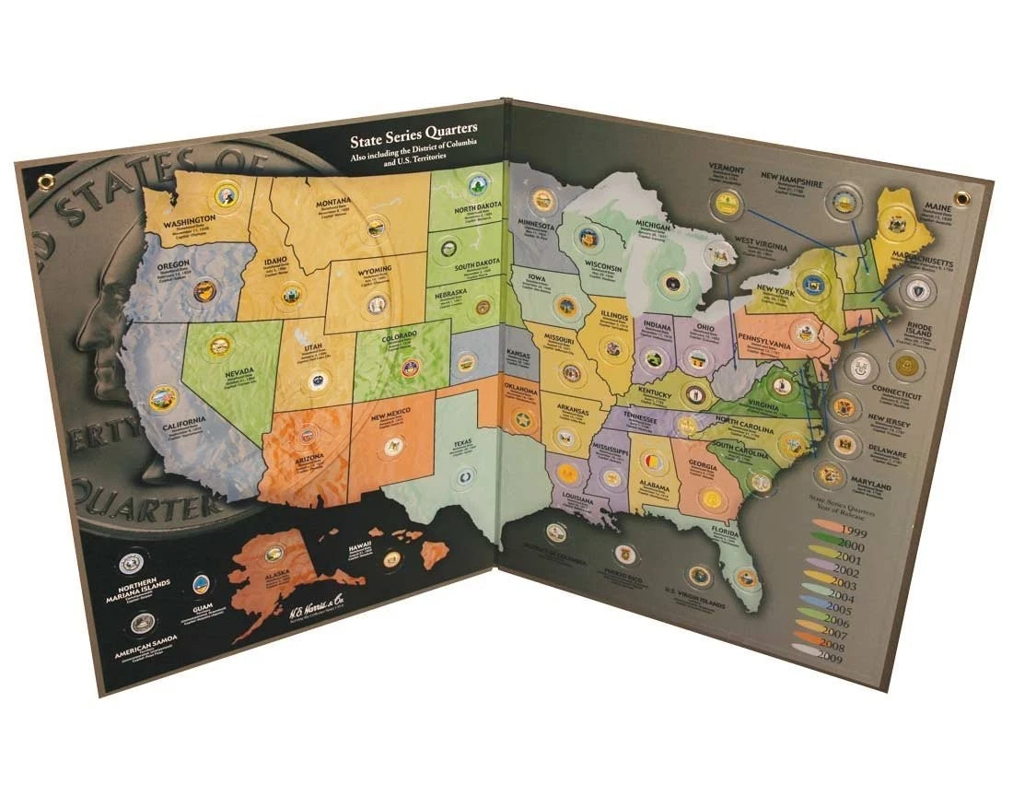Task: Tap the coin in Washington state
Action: point(224,195)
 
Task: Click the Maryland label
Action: point(870,485)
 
